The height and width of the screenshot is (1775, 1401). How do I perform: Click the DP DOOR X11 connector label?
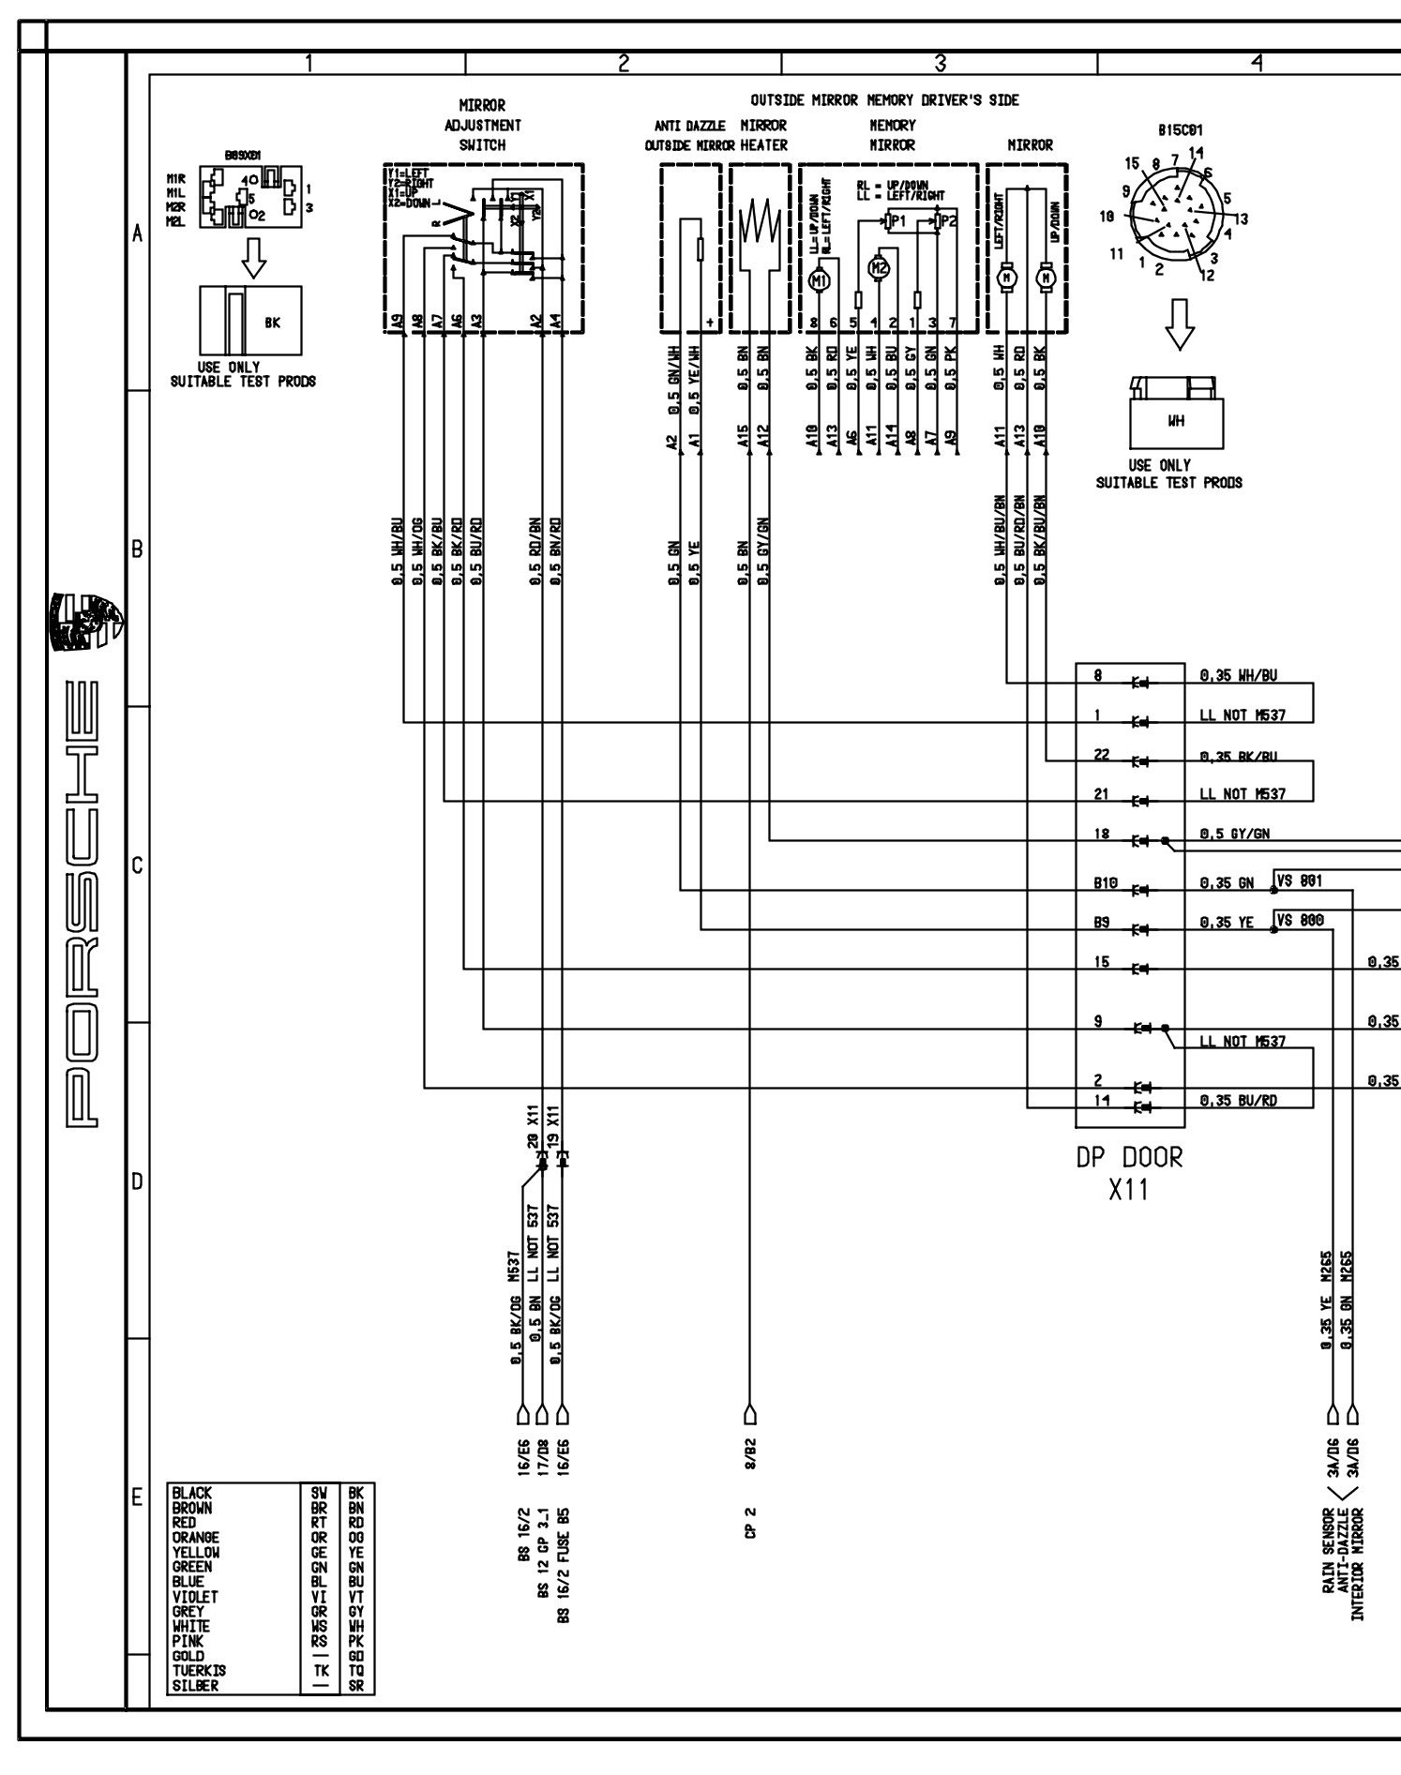click(1129, 1173)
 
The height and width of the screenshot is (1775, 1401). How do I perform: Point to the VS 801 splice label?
click(1299, 880)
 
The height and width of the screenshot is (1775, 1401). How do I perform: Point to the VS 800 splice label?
click(1299, 920)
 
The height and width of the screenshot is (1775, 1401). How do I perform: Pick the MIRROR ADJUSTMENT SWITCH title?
click(483, 125)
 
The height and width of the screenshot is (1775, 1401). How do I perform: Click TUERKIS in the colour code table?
click(199, 1670)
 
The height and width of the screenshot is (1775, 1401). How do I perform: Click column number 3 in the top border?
click(940, 62)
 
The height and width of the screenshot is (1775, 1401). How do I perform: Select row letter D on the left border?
click(137, 1181)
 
